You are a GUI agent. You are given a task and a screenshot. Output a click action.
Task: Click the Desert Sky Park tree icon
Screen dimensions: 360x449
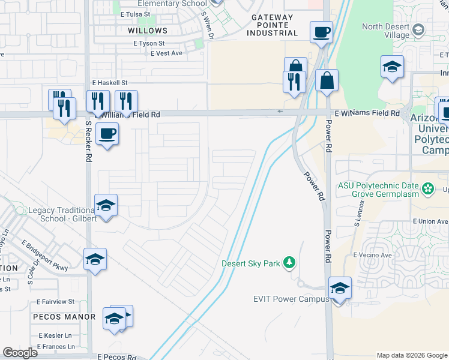point(290,263)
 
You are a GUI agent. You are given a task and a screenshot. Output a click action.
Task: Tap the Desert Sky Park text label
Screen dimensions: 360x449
point(251,263)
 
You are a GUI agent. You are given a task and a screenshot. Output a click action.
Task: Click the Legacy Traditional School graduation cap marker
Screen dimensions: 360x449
point(106,206)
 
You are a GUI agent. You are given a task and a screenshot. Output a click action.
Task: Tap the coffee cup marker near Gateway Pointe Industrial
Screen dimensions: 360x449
point(321,32)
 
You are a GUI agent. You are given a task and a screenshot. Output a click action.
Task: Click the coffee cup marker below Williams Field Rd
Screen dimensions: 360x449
point(107,133)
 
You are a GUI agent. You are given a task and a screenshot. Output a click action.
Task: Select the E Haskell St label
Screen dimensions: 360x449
point(110,82)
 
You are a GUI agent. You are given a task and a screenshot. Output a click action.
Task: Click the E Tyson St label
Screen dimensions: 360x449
point(149,43)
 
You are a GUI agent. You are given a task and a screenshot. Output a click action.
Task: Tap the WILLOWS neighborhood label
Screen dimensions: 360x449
point(148,30)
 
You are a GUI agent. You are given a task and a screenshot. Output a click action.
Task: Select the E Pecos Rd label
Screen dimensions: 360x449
point(117,356)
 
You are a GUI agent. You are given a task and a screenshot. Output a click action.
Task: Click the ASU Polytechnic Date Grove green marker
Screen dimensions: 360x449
point(427,190)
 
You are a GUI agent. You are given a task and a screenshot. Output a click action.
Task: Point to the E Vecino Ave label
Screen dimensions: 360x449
point(372,255)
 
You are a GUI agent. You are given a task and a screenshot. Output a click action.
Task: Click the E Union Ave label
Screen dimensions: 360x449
point(430,221)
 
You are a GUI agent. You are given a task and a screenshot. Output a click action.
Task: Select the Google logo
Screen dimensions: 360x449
point(20,353)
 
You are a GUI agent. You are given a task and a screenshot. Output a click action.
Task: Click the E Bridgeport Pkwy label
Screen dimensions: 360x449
point(44,254)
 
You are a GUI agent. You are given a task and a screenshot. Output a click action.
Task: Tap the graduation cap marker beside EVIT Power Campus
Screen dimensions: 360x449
point(340,288)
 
